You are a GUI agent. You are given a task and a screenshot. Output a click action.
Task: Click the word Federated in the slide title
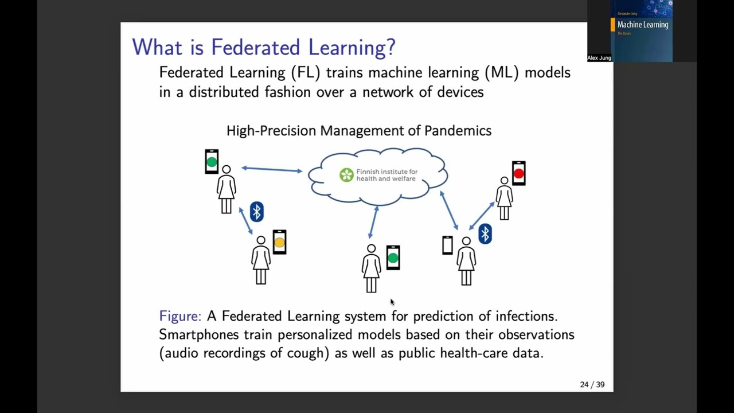coord(256,47)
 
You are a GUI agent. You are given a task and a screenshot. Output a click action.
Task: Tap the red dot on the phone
coord(519,173)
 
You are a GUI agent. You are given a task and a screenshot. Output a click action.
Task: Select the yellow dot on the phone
coord(279,243)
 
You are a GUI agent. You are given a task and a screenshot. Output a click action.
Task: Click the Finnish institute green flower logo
coord(346,175)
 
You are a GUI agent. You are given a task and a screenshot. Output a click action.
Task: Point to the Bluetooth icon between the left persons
coord(256,212)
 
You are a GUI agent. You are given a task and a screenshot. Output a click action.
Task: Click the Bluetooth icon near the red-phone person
coord(485,233)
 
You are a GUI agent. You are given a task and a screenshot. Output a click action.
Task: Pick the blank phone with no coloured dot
coord(447,246)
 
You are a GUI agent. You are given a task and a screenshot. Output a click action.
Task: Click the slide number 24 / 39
coord(592,384)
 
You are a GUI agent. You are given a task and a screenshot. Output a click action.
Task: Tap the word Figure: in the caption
coord(180,316)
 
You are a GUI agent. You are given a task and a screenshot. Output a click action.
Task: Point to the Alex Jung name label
coord(599,58)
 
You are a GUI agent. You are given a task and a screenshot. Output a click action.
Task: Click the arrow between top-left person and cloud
coord(272,169)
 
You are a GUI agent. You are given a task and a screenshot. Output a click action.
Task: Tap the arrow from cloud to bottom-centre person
coord(373,221)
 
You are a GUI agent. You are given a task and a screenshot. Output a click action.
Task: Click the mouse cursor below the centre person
coord(392,302)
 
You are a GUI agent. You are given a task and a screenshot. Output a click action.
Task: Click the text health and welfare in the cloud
coord(385,179)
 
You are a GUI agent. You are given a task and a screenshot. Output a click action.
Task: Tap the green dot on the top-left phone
coord(212,162)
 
